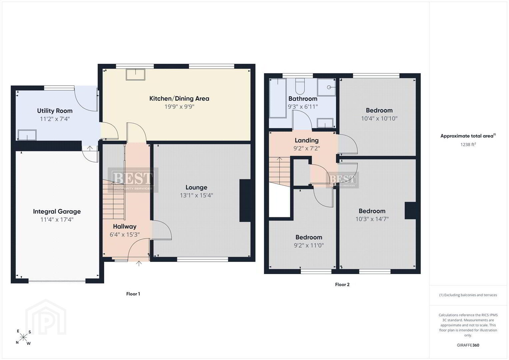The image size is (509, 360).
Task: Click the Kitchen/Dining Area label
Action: (x=179, y=99)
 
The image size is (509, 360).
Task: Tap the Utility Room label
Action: (x=55, y=111)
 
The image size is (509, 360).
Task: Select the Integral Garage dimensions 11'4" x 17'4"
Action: (x=57, y=220)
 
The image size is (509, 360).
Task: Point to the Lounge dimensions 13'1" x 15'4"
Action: (x=196, y=195)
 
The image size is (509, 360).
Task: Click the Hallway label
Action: (x=125, y=226)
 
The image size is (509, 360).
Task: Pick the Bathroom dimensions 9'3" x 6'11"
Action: (x=303, y=107)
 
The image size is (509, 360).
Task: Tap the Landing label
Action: (x=307, y=140)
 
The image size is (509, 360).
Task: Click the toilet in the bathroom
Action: (x=300, y=87)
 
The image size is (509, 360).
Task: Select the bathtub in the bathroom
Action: (x=278, y=98)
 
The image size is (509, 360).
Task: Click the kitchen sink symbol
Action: (x=135, y=75)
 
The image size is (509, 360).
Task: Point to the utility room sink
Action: (x=27, y=135)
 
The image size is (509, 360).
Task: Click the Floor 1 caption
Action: (x=133, y=294)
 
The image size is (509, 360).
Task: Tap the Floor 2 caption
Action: (x=342, y=285)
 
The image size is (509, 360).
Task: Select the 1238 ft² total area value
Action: (x=468, y=144)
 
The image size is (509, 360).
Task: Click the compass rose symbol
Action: (x=23, y=337)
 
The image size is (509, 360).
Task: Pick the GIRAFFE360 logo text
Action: (x=468, y=345)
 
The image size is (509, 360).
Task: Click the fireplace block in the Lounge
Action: (x=245, y=200)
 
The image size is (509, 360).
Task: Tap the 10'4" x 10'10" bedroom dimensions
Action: (x=379, y=118)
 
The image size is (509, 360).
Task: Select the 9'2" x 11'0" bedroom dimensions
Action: (x=309, y=245)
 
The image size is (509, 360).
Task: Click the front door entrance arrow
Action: (x=139, y=263)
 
